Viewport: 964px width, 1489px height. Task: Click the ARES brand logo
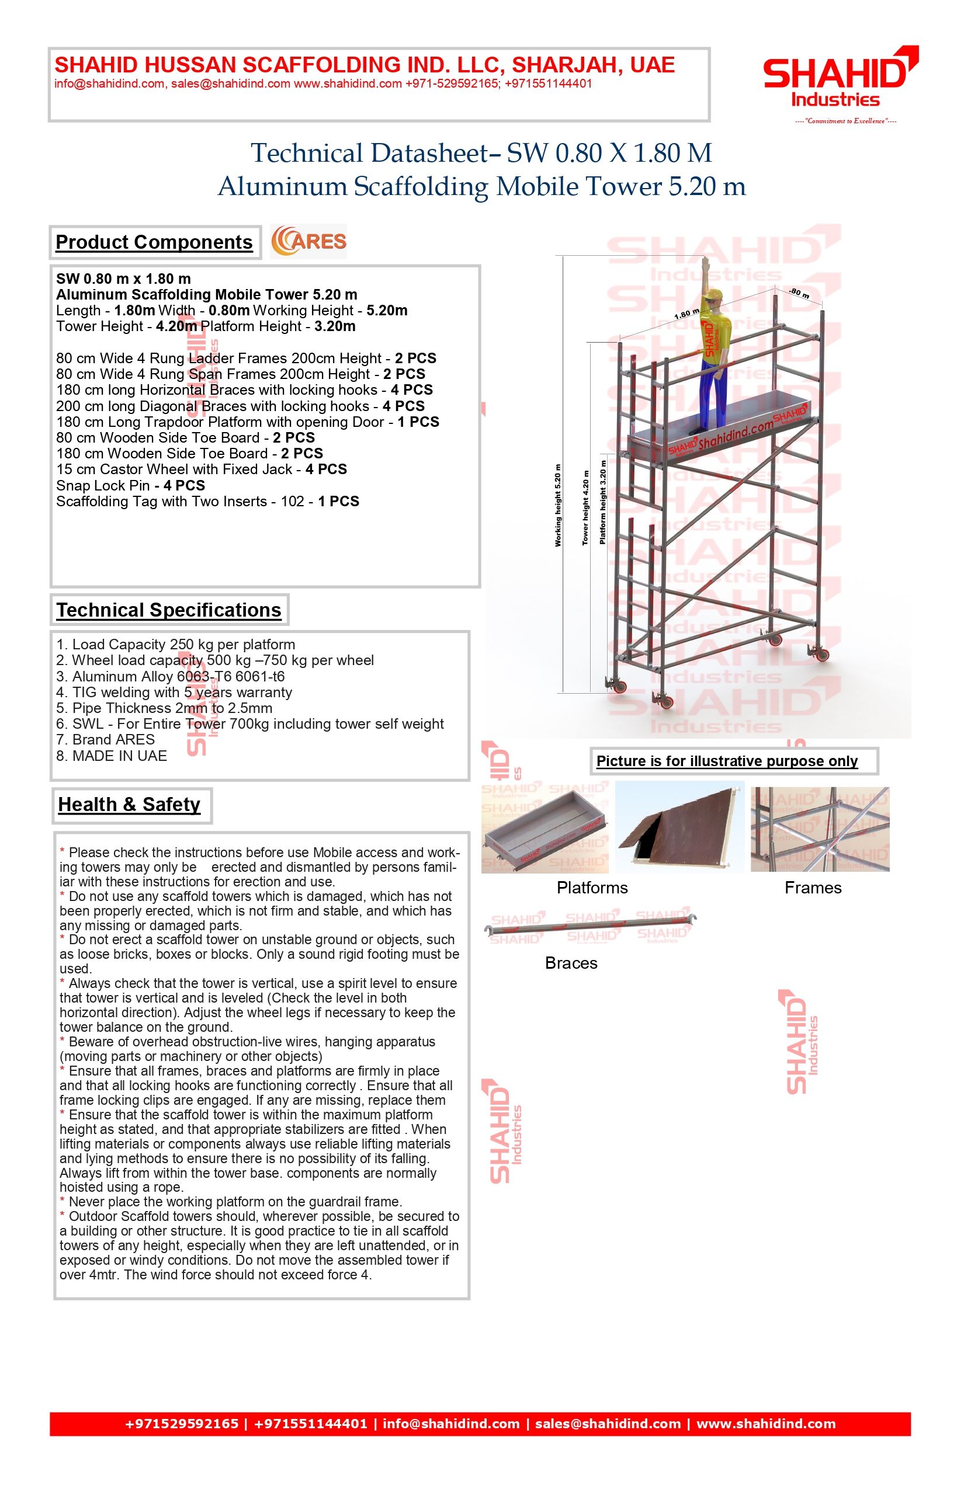(x=308, y=242)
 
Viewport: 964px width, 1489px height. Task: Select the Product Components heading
(x=154, y=242)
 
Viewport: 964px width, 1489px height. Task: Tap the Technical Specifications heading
(x=169, y=610)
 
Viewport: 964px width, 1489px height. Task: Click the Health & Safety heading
(x=130, y=805)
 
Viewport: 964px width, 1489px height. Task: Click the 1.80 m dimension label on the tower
(x=686, y=314)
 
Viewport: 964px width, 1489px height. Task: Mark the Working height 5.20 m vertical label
(x=558, y=506)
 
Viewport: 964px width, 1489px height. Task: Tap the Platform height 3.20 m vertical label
(x=603, y=502)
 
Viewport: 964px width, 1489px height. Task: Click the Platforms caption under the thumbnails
(x=592, y=888)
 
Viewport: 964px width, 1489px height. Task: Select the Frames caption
(x=813, y=888)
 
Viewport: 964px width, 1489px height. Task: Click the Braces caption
(x=571, y=963)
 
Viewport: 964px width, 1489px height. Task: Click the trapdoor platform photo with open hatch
(x=680, y=827)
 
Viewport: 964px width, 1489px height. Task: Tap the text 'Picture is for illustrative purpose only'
(x=727, y=761)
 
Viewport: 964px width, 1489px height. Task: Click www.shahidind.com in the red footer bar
(x=766, y=1424)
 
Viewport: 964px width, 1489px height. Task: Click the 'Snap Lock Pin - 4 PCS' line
(x=130, y=485)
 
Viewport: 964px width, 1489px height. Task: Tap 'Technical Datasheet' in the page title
(x=369, y=153)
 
